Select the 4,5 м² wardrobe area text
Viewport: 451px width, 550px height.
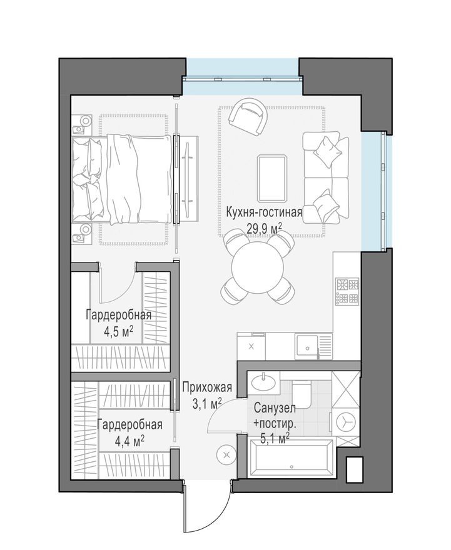pyautogui.click(x=119, y=330)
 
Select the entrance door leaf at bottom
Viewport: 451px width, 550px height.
pyautogui.click(x=184, y=506)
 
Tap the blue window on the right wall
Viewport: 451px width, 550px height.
pyautogui.click(x=375, y=189)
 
